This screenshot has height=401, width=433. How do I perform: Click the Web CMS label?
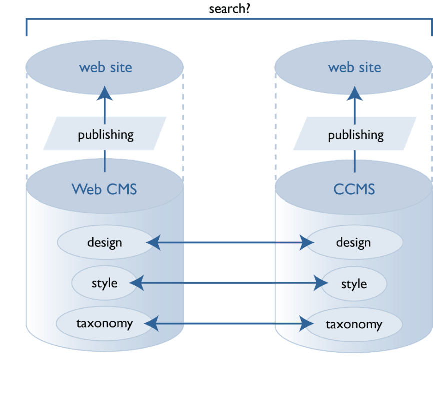pos(104,189)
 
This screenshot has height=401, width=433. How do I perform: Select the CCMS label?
pos(354,190)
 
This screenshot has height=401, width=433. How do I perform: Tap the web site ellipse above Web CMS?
pos(105,67)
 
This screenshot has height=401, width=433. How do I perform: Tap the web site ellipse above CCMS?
pos(354,67)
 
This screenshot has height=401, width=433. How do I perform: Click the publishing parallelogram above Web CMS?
pos(105,134)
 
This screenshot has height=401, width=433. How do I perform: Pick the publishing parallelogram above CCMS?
pos(355,134)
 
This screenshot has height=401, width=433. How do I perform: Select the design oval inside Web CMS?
pos(104,243)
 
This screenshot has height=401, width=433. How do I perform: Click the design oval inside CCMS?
pos(354,243)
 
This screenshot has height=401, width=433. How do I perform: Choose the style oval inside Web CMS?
pos(104,283)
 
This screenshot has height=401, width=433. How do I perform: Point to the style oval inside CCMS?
pos(354,284)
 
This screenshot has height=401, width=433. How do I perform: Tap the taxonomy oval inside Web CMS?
pos(104,323)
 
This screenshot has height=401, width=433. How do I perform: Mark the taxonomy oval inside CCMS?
pos(354,324)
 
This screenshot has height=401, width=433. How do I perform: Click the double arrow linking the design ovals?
pos(229,243)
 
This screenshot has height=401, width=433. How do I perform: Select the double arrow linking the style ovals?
pos(229,284)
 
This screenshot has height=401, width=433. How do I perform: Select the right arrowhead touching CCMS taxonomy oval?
pos(307,324)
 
